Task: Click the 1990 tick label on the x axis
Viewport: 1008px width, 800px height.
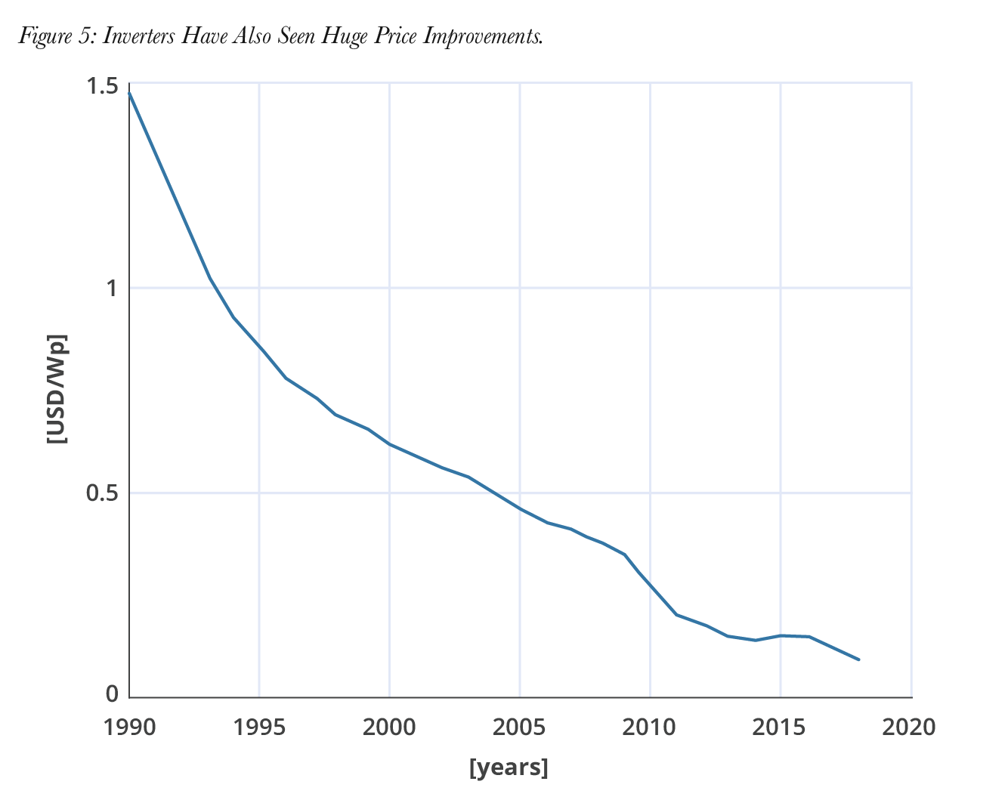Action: (130, 727)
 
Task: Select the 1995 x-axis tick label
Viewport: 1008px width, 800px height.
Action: (259, 727)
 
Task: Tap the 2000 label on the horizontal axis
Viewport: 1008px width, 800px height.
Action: (389, 727)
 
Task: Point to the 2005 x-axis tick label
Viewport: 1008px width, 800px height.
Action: (519, 727)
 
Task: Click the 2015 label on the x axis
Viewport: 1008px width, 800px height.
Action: (780, 727)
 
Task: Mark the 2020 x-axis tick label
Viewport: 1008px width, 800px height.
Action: (909, 727)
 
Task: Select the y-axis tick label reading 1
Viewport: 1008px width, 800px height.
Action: (112, 289)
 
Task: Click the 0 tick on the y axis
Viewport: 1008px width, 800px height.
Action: (112, 693)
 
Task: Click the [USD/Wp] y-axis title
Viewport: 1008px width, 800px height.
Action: (57, 388)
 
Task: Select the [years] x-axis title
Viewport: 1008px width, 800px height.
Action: (509, 768)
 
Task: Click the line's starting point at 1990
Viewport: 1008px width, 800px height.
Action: (129, 93)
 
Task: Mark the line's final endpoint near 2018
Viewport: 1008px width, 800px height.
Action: (858, 659)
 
